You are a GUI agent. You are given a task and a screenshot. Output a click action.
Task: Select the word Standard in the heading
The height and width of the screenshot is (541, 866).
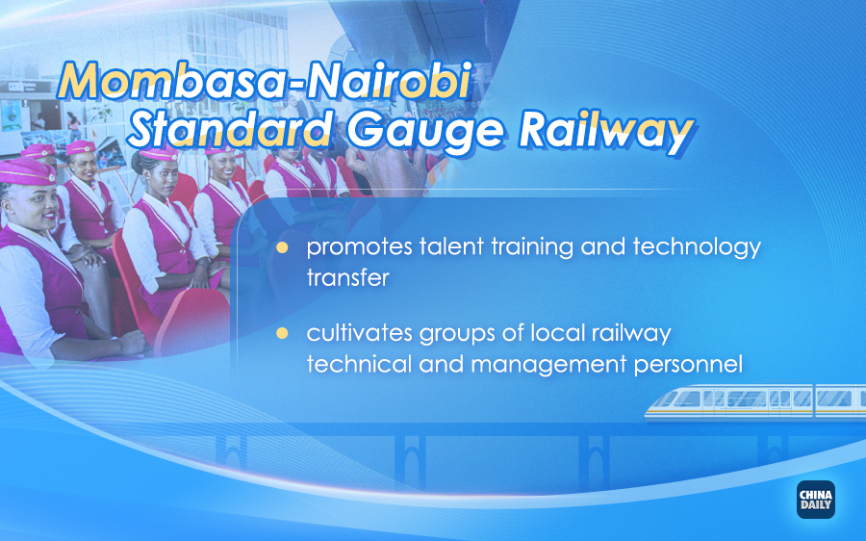tap(230, 129)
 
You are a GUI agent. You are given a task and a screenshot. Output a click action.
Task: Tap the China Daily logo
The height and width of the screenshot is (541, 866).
tap(816, 500)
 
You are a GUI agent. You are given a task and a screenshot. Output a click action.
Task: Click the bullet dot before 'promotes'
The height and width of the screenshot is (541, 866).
tap(282, 247)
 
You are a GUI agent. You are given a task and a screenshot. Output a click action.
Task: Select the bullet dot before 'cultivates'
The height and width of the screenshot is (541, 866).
tap(282, 333)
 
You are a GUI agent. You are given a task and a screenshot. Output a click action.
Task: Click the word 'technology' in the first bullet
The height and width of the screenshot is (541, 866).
tap(697, 247)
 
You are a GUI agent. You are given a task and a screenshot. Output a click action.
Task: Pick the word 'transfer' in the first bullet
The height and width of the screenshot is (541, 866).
tap(348, 277)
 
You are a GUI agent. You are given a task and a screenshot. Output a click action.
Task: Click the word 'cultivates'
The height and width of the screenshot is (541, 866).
tap(360, 333)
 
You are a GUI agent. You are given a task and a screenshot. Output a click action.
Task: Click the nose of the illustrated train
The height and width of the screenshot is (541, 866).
tap(651, 407)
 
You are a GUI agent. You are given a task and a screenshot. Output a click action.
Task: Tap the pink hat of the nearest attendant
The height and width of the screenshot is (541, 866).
tap(27, 172)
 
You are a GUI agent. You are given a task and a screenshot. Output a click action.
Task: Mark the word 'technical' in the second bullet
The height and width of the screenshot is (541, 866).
tap(360, 365)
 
